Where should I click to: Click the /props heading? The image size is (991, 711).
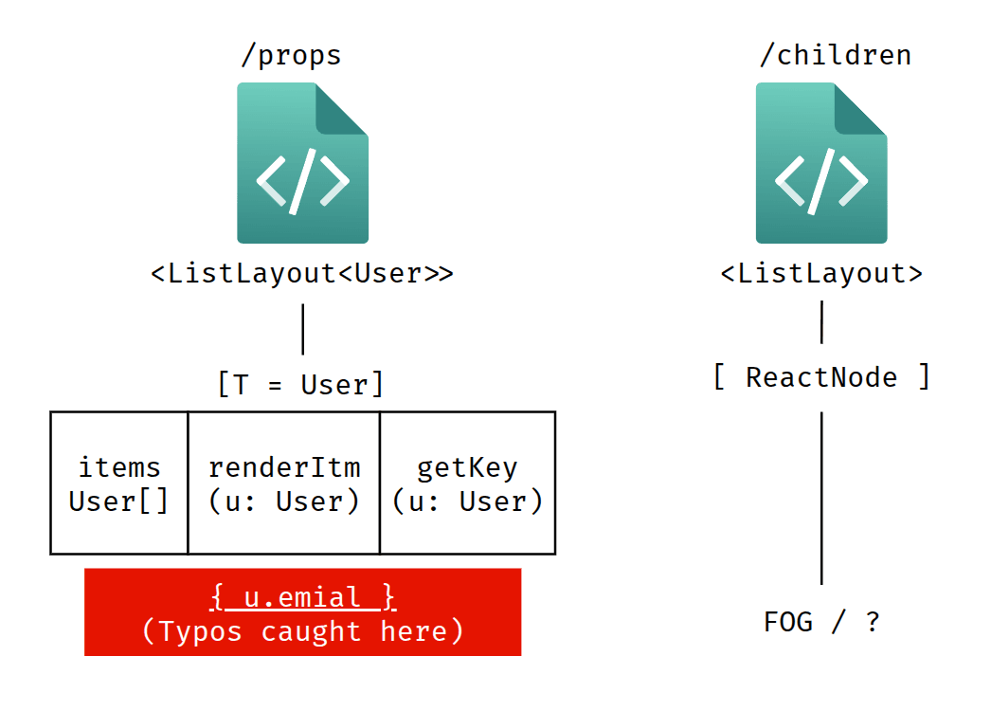(x=291, y=56)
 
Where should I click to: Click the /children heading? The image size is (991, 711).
(x=835, y=56)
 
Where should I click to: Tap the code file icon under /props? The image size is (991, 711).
(x=302, y=164)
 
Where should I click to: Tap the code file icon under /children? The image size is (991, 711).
(x=820, y=164)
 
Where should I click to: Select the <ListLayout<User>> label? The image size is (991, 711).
(x=302, y=274)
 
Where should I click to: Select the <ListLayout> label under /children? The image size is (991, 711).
(x=821, y=274)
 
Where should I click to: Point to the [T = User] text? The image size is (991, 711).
(x=301, y=385)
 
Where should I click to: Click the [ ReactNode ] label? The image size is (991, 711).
(x=821, y=377)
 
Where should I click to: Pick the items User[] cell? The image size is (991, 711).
(x=119, y=483)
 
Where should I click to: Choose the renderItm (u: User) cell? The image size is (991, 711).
(x=284, y=483)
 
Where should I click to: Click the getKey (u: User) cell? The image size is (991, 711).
(x=467, y=483)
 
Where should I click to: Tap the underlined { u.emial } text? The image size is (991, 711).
(x=302, y=597)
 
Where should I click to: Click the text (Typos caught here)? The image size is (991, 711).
(x=302, y=631)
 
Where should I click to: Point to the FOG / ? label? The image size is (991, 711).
(x=821, y=622)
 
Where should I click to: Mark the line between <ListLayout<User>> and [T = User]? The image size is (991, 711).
(x=302, y=329)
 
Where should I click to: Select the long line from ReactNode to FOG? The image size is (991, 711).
(x=821, y=498)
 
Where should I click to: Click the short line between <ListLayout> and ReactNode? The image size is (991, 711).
(x=821, y=322)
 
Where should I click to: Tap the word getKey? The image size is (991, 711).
(x=467, y=467)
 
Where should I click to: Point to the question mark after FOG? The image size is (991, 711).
(x=872, y=622)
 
